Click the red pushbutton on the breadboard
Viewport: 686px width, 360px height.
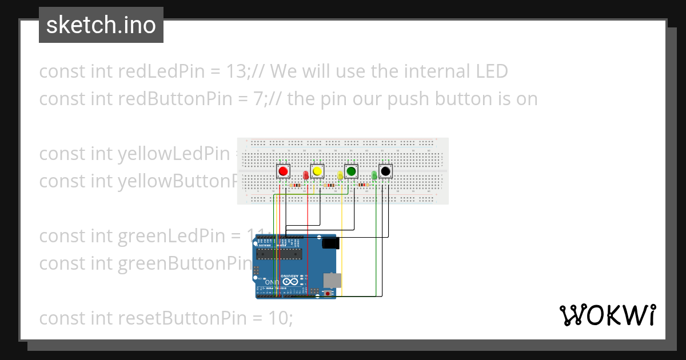coord(282,171)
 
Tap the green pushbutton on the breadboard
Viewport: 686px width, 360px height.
coord(351,171)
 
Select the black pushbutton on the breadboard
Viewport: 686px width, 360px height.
coord(386,171)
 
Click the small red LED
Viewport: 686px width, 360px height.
coord(306,175)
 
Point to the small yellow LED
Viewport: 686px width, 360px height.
coord(340,175)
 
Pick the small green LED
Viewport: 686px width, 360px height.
coord(374,175)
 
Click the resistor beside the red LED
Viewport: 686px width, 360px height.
coord(296,185)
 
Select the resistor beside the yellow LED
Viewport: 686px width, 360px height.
coord(329,185)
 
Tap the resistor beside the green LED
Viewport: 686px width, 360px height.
coord(362,185)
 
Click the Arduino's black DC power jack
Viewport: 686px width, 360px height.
coord(330,243)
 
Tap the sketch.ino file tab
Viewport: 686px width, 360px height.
coord(101,25)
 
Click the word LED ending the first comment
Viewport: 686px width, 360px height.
coord(491,71)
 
